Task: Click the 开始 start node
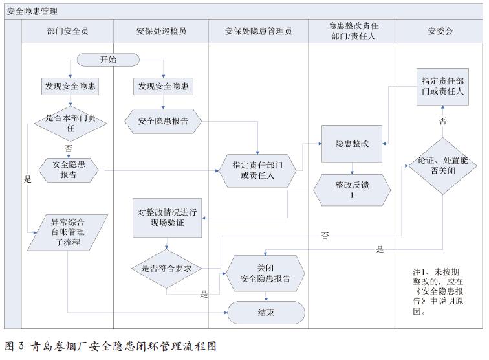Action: pos(108,60)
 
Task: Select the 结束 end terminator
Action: pos(266,313)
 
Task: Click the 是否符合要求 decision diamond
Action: pos(166,267)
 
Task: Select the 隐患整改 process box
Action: pos(352,144)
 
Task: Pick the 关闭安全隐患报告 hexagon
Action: pos(265,273)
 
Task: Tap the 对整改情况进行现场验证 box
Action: pos(168,217)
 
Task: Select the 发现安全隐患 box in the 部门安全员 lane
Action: pos(69,85)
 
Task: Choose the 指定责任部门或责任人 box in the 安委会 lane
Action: pos(442,87)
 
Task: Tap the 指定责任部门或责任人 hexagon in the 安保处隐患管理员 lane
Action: pos(257,170)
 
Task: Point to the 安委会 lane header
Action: pos(440,31)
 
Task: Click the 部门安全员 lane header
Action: pos(67,31)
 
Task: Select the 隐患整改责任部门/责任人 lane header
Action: pos(352,31)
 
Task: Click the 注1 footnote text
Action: pos(439,291)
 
